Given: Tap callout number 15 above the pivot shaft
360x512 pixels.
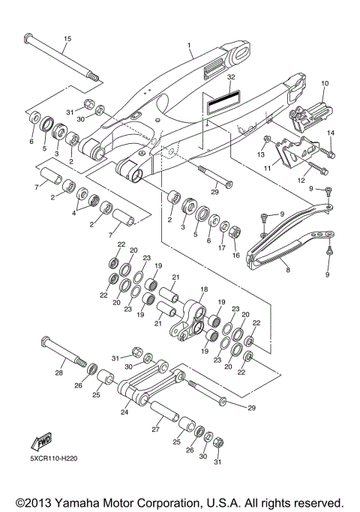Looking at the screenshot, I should pos(67,38).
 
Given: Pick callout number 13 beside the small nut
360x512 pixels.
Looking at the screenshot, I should pos(261,154).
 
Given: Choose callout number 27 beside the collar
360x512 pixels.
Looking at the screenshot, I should pos(155,430).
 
